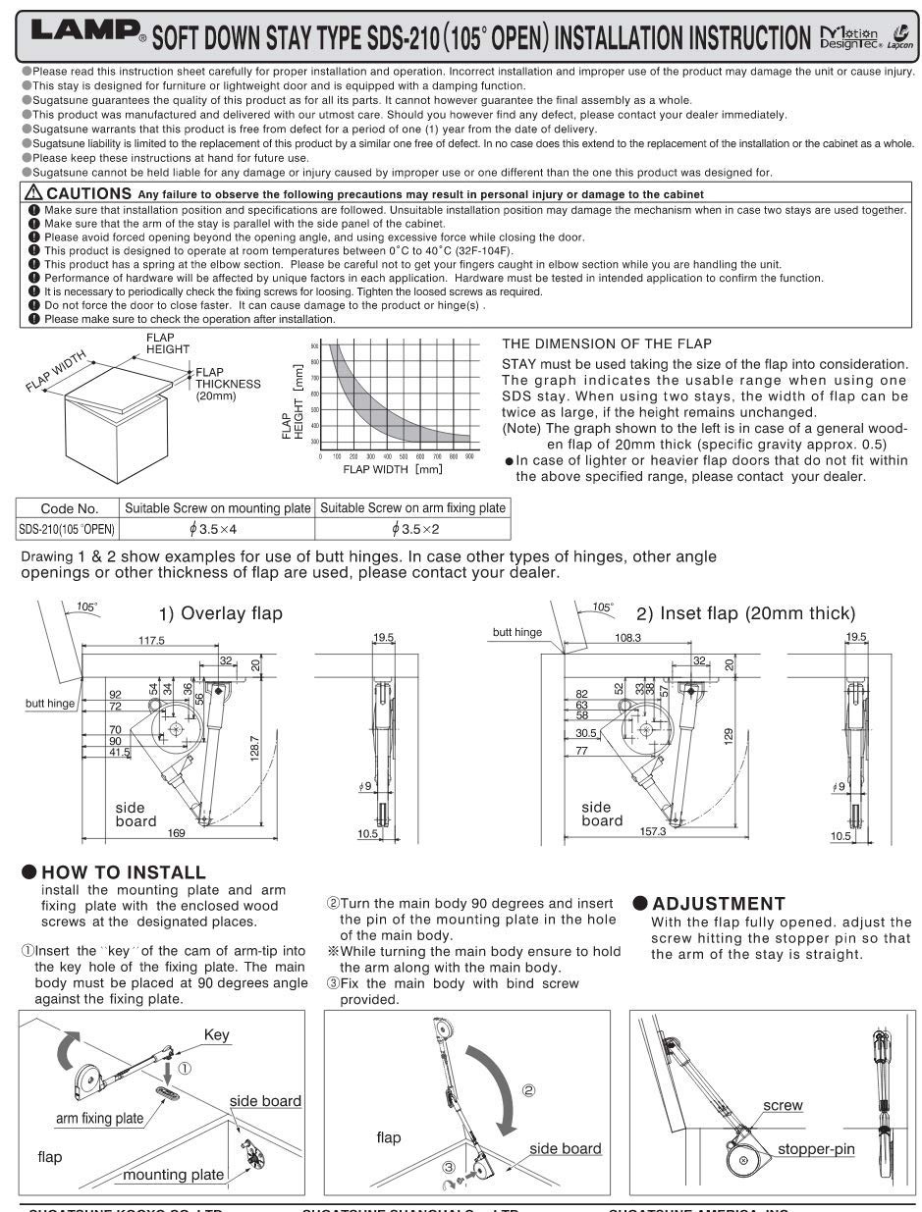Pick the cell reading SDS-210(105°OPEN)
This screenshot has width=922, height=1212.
pos(67,529)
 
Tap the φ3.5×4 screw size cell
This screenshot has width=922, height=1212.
pos(216,529)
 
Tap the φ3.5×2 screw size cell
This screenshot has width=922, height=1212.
pos(412,529)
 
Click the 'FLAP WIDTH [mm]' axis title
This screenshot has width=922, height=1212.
pos(392,469)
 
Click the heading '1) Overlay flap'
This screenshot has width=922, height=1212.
pos(221,614)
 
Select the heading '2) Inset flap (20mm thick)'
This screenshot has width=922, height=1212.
pos(745,614)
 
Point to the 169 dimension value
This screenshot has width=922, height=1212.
pos(176,833)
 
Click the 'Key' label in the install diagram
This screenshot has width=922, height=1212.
pos(216,1033)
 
